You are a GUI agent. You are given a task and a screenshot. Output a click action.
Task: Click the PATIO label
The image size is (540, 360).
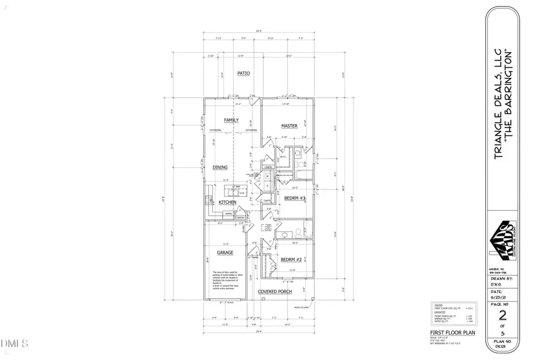(243, 73)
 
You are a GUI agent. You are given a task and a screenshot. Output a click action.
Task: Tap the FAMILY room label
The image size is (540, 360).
(231, 120)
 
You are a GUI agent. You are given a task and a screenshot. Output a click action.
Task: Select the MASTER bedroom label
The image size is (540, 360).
(290, 125)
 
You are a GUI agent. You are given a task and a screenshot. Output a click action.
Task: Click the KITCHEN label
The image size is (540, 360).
(227, 203)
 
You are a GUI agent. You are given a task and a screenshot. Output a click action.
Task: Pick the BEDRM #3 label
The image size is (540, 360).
(295, 198)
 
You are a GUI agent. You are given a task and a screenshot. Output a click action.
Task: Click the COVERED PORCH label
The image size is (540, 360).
(275, 292)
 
